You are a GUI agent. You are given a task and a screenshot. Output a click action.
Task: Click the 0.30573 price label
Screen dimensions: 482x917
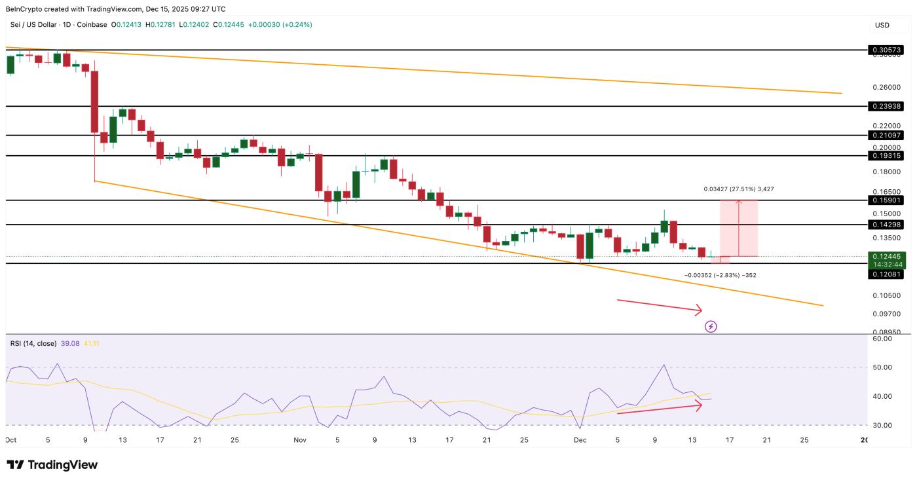(x=886, y=50)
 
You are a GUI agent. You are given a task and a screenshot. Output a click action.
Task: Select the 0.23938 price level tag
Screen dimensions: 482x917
(x=886, y=106)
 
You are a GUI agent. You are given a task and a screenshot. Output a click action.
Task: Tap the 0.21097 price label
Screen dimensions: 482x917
(x=886, y=135)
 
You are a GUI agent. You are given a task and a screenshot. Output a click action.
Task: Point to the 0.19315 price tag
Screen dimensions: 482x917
(x=886, y=156)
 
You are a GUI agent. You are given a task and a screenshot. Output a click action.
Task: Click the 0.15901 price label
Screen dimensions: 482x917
(x=886, y=200)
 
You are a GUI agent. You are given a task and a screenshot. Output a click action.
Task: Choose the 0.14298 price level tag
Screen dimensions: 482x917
(x=886, y=225)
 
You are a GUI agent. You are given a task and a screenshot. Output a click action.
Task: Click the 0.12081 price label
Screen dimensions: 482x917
(x=886, y=274)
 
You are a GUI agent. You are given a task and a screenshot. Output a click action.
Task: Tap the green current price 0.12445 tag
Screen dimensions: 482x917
(x=886, y=256)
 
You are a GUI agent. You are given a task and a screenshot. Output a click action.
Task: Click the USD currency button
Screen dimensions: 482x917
(x=882, y=25)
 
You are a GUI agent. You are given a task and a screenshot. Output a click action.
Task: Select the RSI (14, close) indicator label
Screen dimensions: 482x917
(x=33, y=343)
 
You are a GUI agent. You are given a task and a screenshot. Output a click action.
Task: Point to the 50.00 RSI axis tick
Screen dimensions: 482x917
(x=882, y=367)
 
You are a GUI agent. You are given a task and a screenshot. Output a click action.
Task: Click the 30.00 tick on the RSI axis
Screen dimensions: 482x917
(x=882, y=425)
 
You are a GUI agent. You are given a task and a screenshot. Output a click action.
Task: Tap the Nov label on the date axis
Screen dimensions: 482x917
(x=300, y=441)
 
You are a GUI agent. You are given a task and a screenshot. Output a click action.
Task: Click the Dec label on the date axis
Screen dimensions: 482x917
(x=580, y=441)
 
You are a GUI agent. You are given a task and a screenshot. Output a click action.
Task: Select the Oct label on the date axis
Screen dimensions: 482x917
(x=10, y=441)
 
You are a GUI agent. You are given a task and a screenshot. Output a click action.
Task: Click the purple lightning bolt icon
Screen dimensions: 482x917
(x=711, y=326)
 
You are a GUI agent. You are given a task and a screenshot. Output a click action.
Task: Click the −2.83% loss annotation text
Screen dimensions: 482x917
(x=720, y=275)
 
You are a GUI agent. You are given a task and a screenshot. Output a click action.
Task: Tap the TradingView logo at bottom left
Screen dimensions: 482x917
(x=52, y=465)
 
